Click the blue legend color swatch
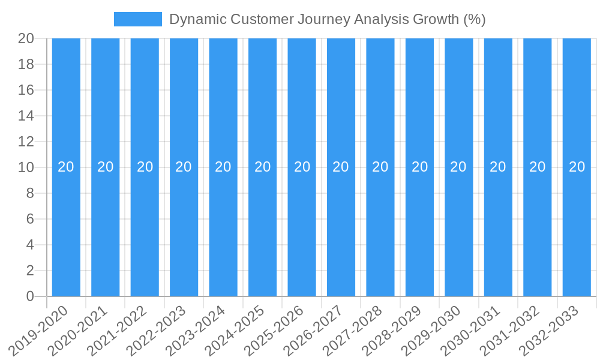coord(137,19)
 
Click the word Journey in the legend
coord(324,19)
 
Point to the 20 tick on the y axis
coord(26,38)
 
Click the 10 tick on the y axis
coord(26,167)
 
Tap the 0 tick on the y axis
coord(30,296)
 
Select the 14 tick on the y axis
coord(26,116)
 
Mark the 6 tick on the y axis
coord(30,219)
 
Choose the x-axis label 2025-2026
coord(274,330)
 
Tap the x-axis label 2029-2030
coord(431,330)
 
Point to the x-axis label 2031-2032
coord(510,330)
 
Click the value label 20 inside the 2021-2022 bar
coord(145,167)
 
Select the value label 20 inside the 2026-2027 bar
coord(341,167)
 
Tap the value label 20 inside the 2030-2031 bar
coord(498,167)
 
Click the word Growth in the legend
coord(436,19)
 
